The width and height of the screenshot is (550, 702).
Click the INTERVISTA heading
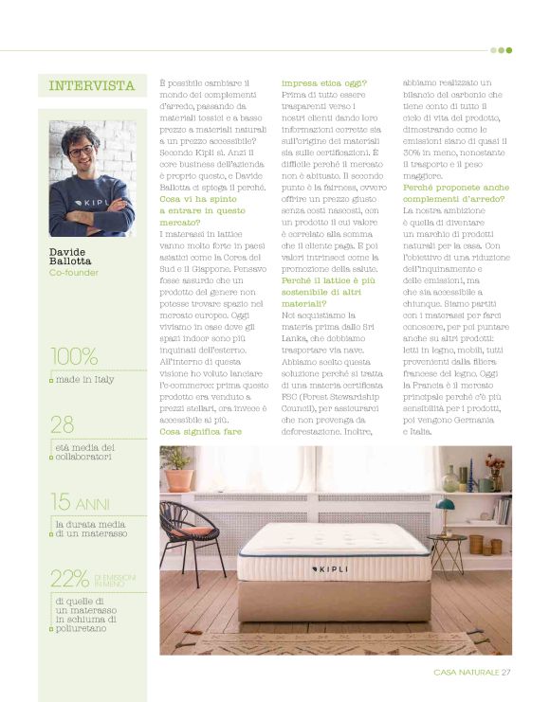(92, 86)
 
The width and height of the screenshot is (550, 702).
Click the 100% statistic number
(75, 357)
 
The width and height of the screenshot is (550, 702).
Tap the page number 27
(506, 673)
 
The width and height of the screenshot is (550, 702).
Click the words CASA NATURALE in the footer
(466, 673)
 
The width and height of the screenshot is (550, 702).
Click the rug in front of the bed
(313, 642)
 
